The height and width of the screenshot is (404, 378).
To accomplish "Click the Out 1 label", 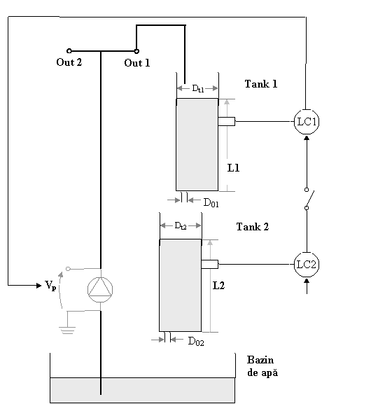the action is click(136, 63).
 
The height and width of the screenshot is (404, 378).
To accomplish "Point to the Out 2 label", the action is click(69, 62).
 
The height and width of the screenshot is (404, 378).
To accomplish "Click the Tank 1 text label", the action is click(261, 84).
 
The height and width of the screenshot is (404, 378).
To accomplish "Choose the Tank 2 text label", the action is click(253, 227).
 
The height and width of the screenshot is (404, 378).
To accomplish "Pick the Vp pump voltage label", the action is click(50, 286).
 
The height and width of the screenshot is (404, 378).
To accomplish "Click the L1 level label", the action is click(233, 168).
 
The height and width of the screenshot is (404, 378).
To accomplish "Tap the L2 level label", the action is click(218, 286).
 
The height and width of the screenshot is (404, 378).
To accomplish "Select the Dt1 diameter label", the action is click(198, 89).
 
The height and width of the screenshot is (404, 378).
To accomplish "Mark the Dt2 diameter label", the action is click(181, 225).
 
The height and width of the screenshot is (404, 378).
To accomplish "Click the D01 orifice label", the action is click(211, 203).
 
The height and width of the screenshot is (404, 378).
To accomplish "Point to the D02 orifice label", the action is click(196, 342).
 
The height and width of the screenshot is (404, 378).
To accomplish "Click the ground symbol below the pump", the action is click(67, 330).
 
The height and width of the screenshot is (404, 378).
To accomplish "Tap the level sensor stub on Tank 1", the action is click(227, 121).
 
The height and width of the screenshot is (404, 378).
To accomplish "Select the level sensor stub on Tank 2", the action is click(210, 264).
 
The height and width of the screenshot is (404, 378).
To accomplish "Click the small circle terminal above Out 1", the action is click(136, 51).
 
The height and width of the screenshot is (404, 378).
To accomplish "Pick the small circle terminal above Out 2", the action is click(69, 51).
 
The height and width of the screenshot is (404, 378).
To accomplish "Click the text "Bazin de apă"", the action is click(262, 366).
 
